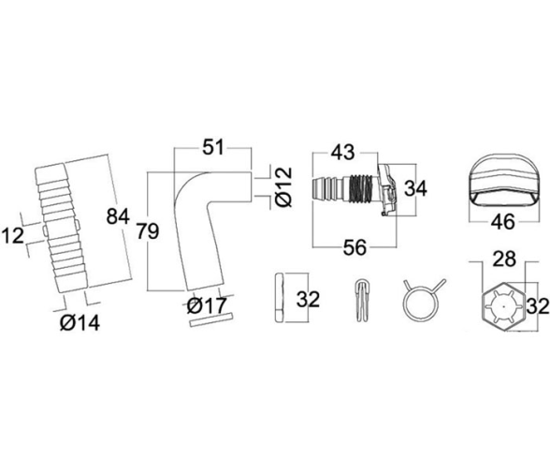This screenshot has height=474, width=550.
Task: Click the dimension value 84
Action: (x=118, y=216)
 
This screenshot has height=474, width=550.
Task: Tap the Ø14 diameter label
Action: (x=80, y=323)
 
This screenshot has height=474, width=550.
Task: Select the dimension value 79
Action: (x=148, y=231)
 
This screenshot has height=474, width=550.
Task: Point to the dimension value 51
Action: (x=213, y=147)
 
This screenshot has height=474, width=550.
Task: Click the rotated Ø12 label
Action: (x=283, y=187)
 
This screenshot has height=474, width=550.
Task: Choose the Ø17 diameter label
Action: (x=207, y=305)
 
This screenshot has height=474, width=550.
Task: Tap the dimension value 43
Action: (x=343, y=153)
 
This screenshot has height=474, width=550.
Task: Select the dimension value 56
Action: (x=355, y=247)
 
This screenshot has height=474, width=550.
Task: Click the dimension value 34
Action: (x=415, y=188)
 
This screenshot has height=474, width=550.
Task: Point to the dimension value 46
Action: (x=503, y=222)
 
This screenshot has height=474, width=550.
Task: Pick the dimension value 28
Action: (x=504, y=259)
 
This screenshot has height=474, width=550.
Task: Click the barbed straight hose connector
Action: (x=62, y=228)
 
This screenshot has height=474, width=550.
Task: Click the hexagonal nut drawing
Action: (x=504, y=306)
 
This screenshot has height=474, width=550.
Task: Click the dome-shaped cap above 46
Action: (x=503, y=183)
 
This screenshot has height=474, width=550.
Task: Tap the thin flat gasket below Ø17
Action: (x=210, y=319)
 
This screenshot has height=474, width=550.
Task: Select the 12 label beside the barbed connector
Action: (x=13, y=235)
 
